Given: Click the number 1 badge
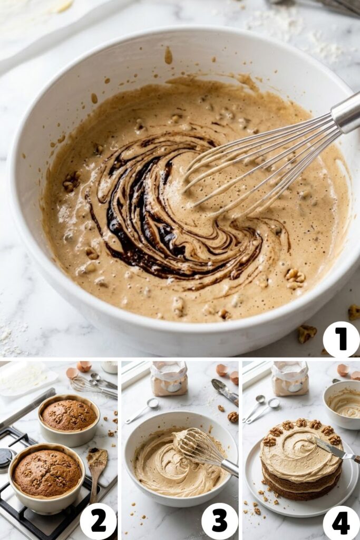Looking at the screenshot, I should [341, 339].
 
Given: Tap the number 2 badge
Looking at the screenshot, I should [98, 521].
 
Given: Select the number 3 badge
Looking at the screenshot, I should [219, 521].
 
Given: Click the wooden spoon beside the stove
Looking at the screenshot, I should [97, 464].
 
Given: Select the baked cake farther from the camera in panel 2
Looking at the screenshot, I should [69, 415].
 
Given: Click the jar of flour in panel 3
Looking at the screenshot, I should [169, 378].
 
